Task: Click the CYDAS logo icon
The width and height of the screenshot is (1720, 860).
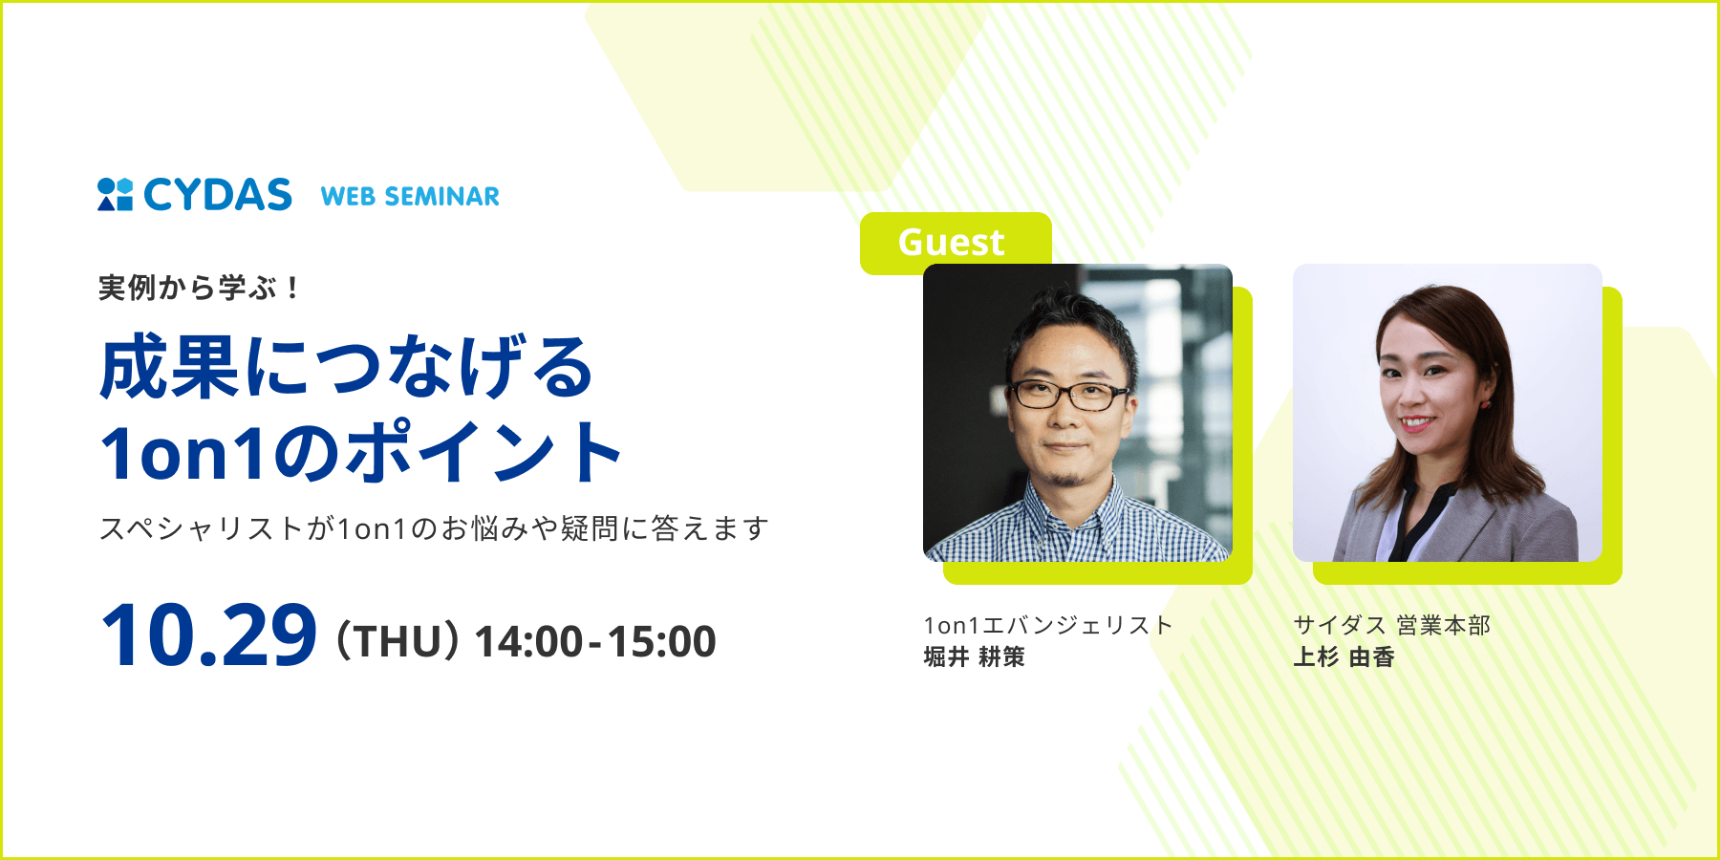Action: click(115, 194)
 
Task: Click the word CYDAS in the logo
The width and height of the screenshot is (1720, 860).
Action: click(218, 195)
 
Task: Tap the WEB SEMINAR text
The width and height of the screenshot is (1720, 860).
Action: click(410, 197)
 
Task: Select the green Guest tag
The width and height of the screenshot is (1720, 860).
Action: click(952, 242)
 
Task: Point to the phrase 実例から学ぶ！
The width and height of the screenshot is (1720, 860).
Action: click(199, 288)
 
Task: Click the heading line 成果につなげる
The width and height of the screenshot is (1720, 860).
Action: click(347, 368)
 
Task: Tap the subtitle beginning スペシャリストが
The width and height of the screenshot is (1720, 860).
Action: click(434, 528)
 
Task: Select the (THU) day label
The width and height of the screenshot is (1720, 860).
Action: click(398, 641)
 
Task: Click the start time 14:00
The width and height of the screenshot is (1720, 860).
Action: click(528, 641)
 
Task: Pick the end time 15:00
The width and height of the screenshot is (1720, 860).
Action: click(661, 641)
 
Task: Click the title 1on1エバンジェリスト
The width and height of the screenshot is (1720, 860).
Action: click(1048, 625)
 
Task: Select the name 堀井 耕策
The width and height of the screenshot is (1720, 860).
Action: click(974, 657)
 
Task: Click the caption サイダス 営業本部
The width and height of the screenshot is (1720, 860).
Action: click(1391, 625)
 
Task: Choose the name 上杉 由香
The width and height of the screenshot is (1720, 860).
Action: click(1344, 657)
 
